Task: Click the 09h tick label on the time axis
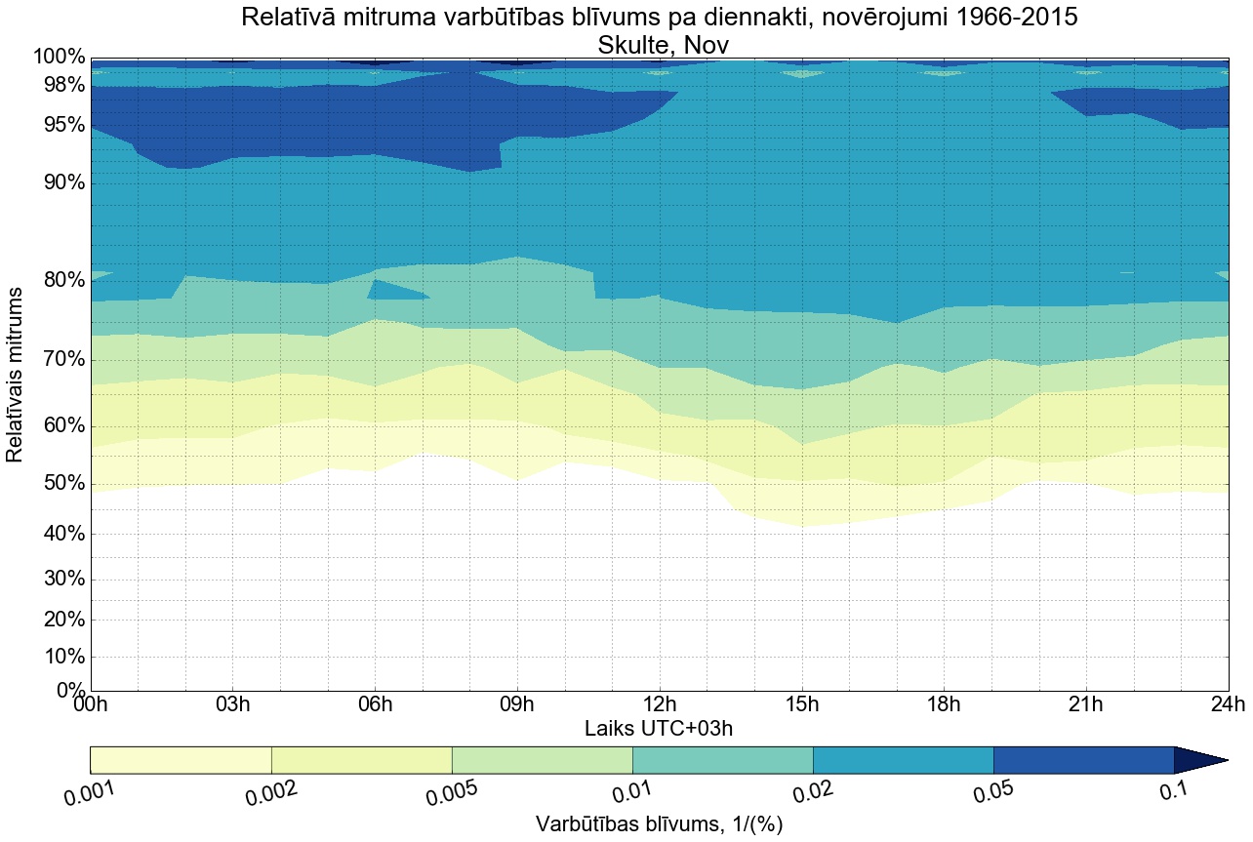pos(517,704)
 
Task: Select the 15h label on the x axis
pos(801,704)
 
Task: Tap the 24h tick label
pos(1227,704)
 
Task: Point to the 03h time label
pos(233,704)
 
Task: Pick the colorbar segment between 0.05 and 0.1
pos(1083,760)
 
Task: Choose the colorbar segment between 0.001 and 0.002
pos(181,760)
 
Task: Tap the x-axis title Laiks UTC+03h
pos(659,728)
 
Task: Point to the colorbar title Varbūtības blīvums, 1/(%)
pos(659,824)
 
